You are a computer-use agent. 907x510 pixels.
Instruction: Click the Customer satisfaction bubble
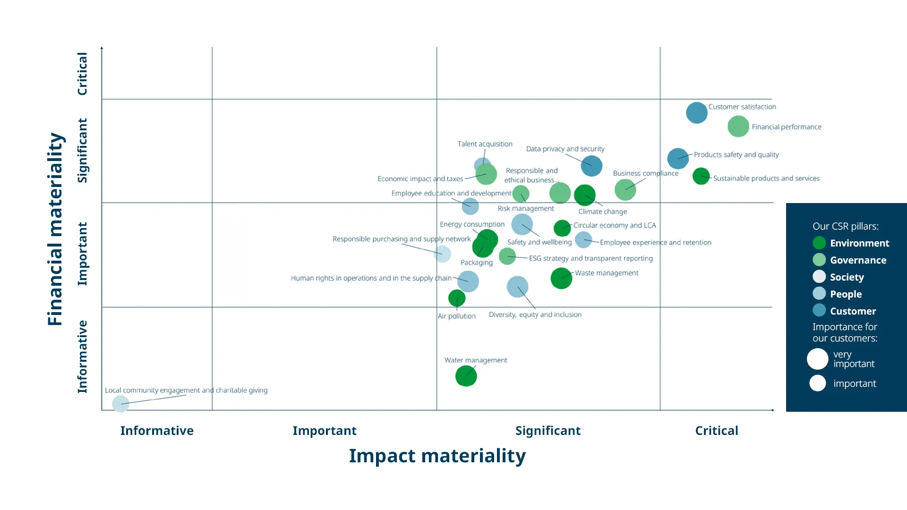[x=696, y=113]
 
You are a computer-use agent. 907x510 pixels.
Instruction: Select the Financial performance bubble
[x=738, y=127]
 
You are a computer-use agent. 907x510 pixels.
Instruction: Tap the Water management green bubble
[x=466, y=376]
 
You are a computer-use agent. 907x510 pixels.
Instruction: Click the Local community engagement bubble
[x=120, y=404]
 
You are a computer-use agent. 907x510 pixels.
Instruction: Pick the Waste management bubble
[x=561, y=278]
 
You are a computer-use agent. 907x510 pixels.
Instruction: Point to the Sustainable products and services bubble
[x=701, y=176]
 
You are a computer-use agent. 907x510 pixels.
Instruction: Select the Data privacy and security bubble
[x=591, y=166]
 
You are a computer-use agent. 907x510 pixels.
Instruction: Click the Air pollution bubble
[x=457, y=298]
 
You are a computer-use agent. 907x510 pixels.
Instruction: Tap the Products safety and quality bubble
[x=677, y=158]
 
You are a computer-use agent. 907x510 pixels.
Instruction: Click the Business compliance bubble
[x=625, y=190]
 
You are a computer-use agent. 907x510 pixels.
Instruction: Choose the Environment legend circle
[x=819, y=243]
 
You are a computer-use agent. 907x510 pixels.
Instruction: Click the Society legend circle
[x=819, y=277]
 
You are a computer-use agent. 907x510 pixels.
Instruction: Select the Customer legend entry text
[x=853, y=311]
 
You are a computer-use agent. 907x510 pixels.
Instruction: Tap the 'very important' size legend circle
[x=817, y=359]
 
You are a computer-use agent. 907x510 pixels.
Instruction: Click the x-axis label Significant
[x=548, y=431]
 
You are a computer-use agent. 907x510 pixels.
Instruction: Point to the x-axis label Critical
[x=716, y=431]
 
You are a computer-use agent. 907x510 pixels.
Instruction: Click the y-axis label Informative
[x=83, y=357]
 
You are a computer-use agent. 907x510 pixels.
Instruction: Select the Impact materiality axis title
[x=437, y=456]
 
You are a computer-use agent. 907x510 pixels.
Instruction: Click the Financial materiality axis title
[x=55, y=229]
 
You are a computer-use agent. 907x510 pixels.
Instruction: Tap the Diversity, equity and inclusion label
[x=535, y=314]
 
